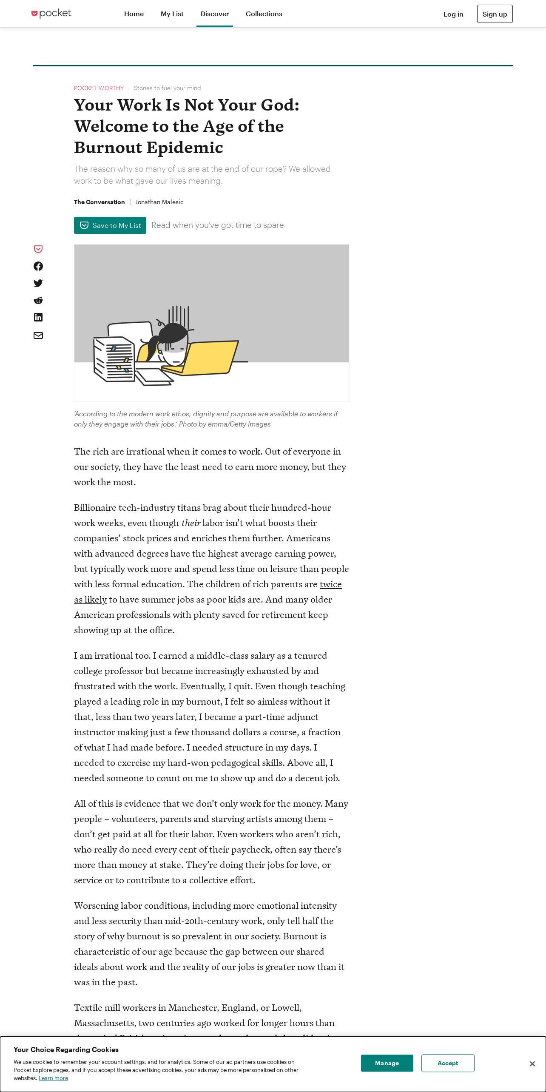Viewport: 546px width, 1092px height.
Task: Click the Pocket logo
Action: click(x=51, y=14)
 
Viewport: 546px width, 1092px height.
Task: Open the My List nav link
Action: click(x=172, y=14)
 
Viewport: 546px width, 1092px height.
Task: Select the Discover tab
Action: click(x=215, y=14)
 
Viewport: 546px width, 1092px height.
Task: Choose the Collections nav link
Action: click(x=264, y=14)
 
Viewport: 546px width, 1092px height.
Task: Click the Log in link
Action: click(x=453, y=14)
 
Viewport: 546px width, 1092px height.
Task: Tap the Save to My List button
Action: click(x=110, y=225)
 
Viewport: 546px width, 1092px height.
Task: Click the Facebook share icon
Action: click(x=38, y=266)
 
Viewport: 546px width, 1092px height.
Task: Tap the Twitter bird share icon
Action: click(x=38, y=283)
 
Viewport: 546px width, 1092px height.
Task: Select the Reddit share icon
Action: click(x=38, y=300)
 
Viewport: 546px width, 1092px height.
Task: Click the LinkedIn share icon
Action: click(x=38, y=317)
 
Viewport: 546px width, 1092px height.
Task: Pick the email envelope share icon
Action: click(x=38, y=336)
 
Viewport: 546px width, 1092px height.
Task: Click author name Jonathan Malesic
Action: click(x=159, y=202)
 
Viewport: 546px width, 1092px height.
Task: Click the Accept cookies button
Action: click(x=448, y=1063)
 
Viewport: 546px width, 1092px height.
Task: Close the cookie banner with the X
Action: click(x=532, y=1064)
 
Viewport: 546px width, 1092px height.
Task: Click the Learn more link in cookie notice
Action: click(x=53, y=1078)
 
